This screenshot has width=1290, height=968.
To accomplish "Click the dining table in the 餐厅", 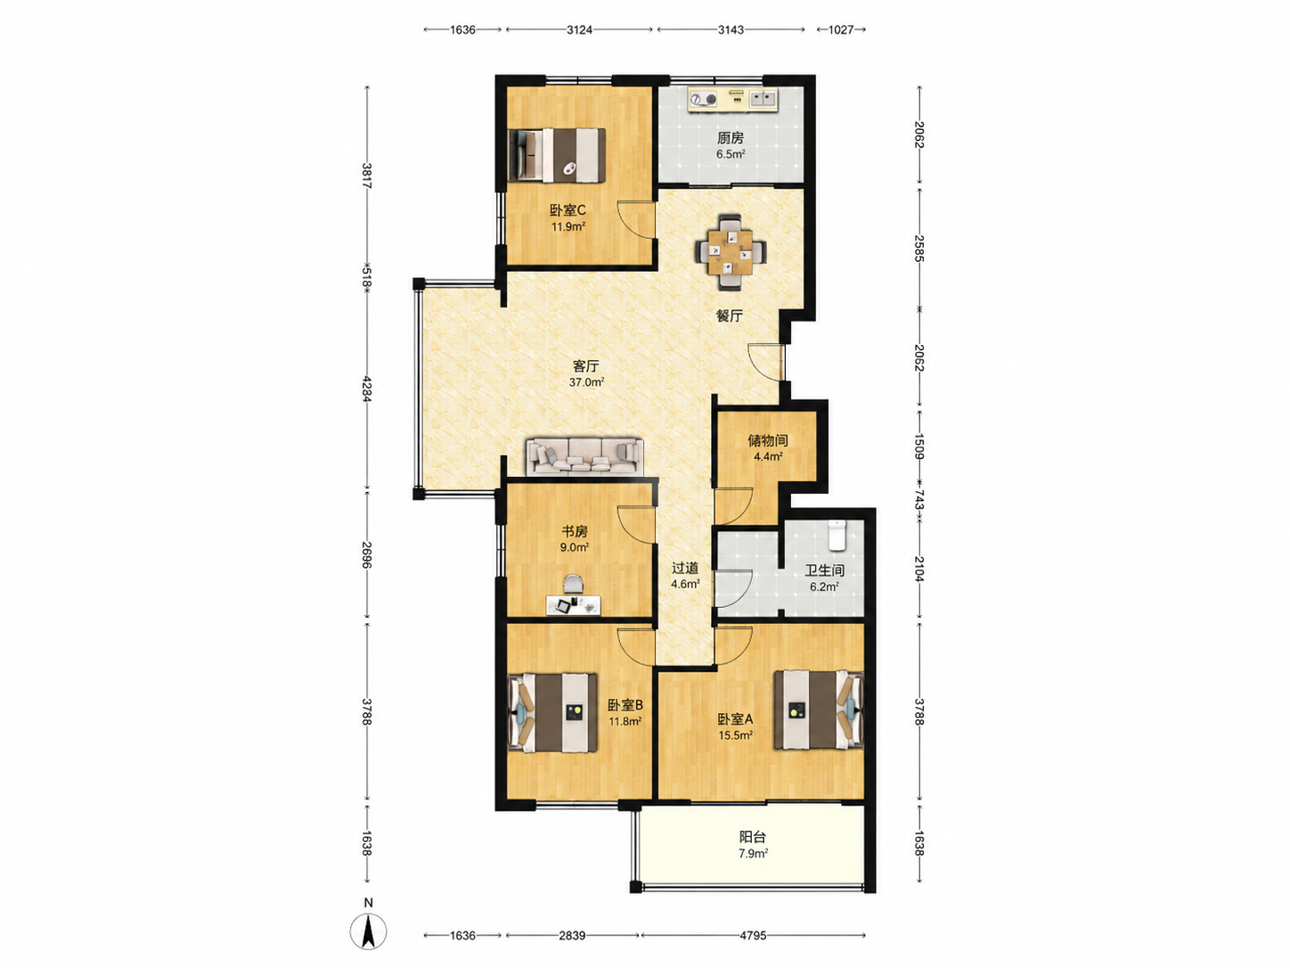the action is pos(730,252).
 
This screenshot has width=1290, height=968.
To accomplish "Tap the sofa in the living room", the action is pos(584,456).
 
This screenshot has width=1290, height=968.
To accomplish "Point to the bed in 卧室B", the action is pos(552,713).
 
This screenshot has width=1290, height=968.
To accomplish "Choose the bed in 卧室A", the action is pos(819,710).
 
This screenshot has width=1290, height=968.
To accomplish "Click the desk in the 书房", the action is pos(573,605).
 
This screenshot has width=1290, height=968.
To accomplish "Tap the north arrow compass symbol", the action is pos(368,931).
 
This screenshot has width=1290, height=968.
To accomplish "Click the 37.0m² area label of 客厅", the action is pos(586,382).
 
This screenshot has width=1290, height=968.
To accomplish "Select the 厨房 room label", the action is pos(730,138).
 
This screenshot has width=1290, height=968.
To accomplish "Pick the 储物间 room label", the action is pos(768,440).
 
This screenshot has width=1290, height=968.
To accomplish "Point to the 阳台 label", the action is pos(752,837).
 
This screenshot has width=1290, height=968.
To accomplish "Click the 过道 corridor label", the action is pos(685,569).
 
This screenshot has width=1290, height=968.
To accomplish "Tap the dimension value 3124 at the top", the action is pos(579,29).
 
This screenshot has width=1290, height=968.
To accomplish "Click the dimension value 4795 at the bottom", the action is pos(752,935).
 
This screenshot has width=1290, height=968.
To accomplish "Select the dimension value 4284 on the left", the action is pos(367,389).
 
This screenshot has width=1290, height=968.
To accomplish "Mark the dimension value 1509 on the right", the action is pos(919,447).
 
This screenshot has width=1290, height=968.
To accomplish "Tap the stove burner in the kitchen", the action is pos(704,99).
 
